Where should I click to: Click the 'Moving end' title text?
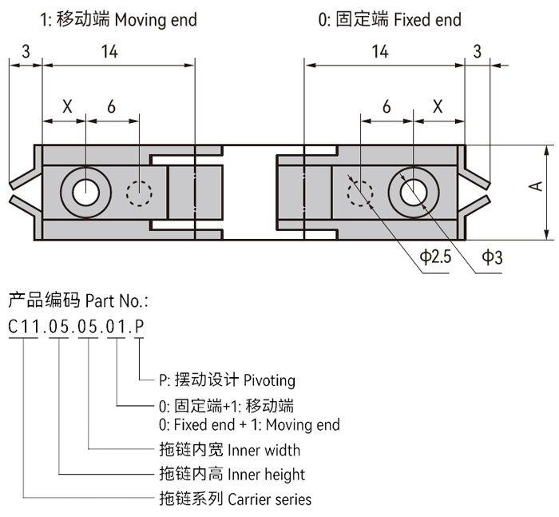[155, 19]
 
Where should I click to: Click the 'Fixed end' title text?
[427, 19]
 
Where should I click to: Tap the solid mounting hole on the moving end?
[85, 192]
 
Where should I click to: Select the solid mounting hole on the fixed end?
[414, 192]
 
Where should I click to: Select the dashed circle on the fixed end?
[360, 192]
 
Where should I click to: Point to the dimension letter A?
[536, 185]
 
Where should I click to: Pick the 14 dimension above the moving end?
[109, 52]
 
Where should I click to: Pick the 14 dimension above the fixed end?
[380, 52]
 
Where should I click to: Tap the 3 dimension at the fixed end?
[478, 52]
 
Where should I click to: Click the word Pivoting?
[269, 380]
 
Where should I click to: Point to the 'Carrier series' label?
[269, 499]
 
